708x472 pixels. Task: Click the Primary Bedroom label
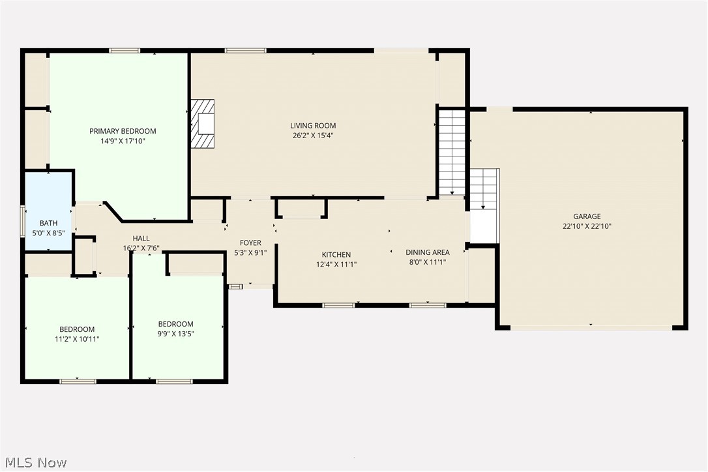pyautogui.click(x=123, y=131)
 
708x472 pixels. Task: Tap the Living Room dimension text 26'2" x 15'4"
pyautogui.click(x=313, y=136)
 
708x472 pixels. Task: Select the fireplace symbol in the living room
pyautogui.click(x=203, y=124)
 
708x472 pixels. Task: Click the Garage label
pyautogui.click(x=587, y=216)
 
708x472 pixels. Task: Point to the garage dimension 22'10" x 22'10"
pyautogui.click(x=587, y=227)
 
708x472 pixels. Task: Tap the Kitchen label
pyautogui.click(x=336, y=254)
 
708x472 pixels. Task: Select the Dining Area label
pyautogui.click(x=427, y=252)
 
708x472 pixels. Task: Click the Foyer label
pyautogui.click(x=250, y=243)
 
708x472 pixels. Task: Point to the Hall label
pyautogui.click(x=141, y=238)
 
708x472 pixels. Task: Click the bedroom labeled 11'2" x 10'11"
pyautogui.click(x=77, y=329)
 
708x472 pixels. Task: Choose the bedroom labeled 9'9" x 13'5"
pyautogui.click(x=175, y=324)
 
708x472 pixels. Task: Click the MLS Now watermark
pyautogui.click(x=34, y=463)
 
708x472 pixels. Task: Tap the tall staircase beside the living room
pyautogui.click(x=451, y=152)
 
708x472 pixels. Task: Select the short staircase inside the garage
pyautogui.click(x=484, y=189)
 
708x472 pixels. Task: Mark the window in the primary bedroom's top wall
pyautogui.click(x=124, y=50)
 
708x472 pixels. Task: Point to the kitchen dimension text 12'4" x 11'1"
pyautogui.click(x=336, y=265)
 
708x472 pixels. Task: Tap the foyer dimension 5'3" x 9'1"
pyautogui.click(x=250, y=253)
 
